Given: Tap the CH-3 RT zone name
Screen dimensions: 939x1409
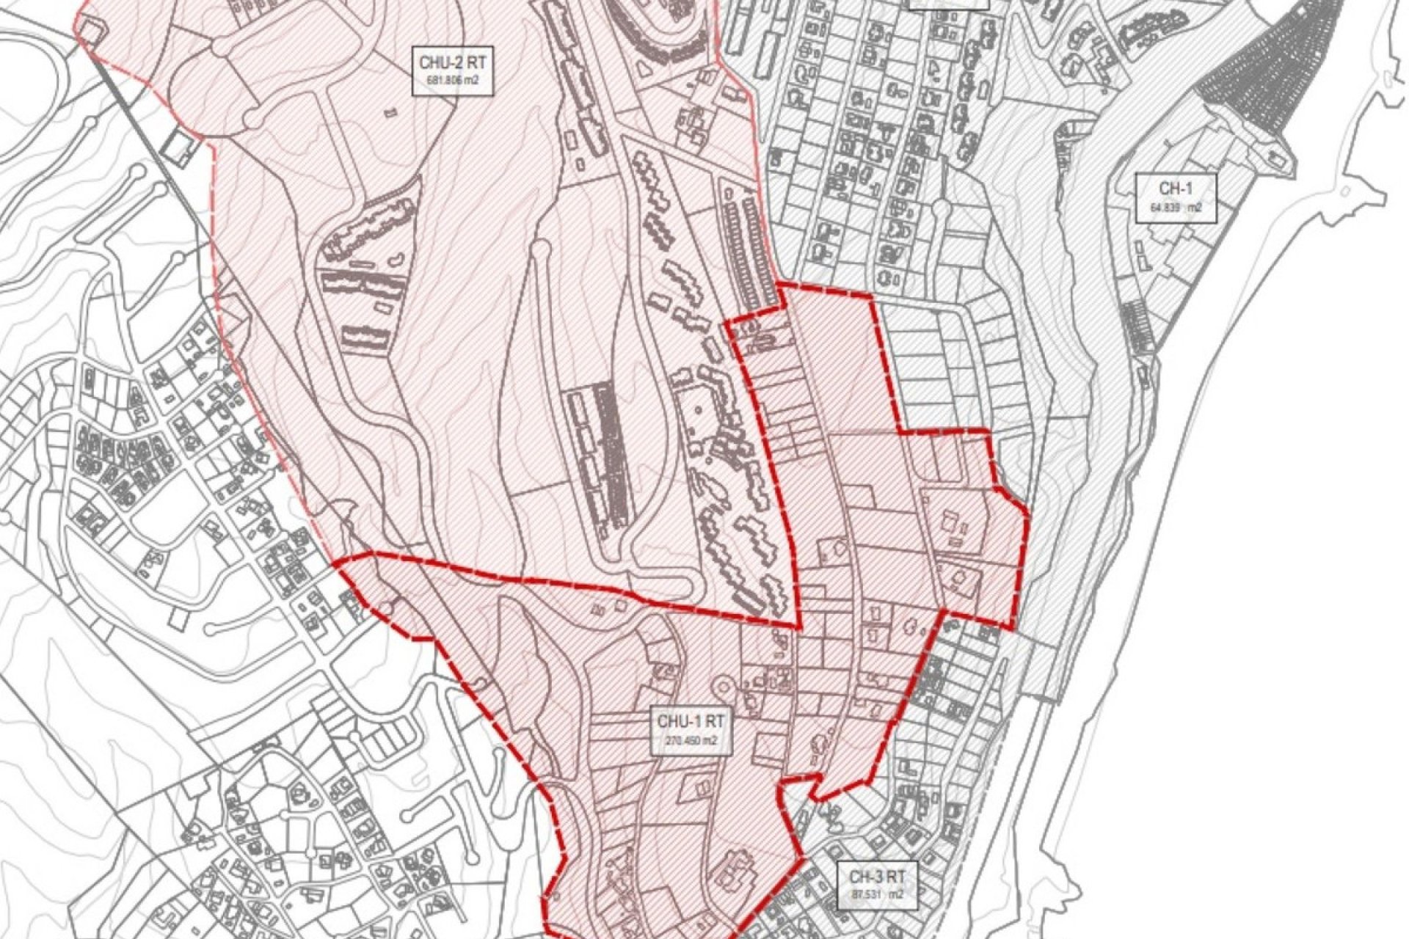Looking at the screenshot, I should pyautogui.click(x=877, y=875).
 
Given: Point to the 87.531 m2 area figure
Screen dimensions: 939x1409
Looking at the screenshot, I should pyautogui.click(x=877, y=895).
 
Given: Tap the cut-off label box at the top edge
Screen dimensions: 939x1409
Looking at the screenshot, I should pyautogui.click(x=948, y=4).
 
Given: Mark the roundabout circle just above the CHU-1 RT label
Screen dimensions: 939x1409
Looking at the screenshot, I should pyautogui.click(x=724, y=687).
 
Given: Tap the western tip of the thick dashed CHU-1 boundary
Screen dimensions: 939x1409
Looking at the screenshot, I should pyautogui.click(x=338, y=563).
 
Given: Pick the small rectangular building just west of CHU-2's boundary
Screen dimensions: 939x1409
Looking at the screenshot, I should pyautogui.click(x=178, y=148).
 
